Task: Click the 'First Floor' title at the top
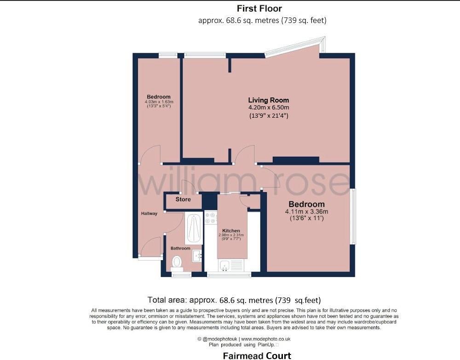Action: (x=259, y=8)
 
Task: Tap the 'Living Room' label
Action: (x=269, y=100)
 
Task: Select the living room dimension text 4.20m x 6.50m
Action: (x=269, y=108)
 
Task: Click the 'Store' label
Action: (x=183, y=200)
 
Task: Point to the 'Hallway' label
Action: (x=149, y=213)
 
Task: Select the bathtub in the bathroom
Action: (x=194, y=229)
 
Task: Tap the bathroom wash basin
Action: (x=196, y=255)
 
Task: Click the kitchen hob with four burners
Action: (x=210, y=218)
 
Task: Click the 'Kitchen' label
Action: (x=231, y=230)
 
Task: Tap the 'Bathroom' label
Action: (x=180, y=248)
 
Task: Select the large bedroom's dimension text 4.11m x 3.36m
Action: (x=306, y=211)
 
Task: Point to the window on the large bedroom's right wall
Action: (x=352, y=216)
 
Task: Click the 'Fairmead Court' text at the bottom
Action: (x=257, y=355)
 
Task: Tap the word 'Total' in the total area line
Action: (x=157, y=300)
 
